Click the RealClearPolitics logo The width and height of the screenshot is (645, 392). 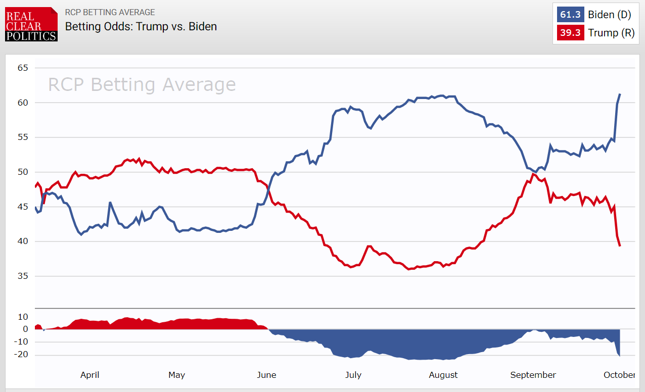click(31, 24)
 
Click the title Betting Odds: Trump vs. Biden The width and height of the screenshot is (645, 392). click(141, 26)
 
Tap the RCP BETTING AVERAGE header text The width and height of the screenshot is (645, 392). click(110, 12)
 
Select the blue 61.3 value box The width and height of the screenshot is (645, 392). click(570, 15)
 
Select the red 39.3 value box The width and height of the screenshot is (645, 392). click(570, 33)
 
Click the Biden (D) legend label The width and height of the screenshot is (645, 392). click(609, 15)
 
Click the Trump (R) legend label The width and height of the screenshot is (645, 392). click(611, 33)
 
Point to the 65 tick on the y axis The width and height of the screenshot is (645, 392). click(23, 68)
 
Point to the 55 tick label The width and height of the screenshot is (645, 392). click(23, 137)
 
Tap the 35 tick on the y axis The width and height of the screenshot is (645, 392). click(23, 276)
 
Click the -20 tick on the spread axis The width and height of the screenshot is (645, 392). click(21, 355)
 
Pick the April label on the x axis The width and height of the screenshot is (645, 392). click(90, 375)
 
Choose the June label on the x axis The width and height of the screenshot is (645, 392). click(266, 375)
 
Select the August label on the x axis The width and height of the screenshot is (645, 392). click(443, 375)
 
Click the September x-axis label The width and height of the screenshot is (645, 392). click(533, 375)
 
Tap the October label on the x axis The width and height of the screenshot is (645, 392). click(619, 375)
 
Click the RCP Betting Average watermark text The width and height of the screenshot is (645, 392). click(142, 84)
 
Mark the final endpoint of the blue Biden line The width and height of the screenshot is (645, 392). click(620, 94)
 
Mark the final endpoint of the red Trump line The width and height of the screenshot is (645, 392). click(620, 246)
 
